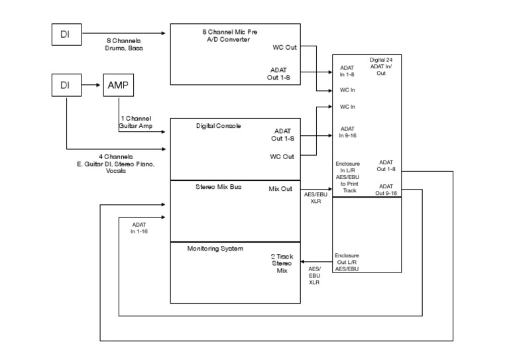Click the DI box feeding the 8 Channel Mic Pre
pos(65,34)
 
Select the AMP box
pos(118,86)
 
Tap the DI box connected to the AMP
pos(65,86)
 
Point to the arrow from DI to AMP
pos(91,86)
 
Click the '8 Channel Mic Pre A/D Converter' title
pos(230,35)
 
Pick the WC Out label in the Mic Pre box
pos(284,47)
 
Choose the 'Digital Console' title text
pos(218,125)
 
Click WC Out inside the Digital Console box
pos(282,157)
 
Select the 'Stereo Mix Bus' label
pos(218,188)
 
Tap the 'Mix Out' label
pos(280,189)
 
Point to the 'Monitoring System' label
pos(215,249)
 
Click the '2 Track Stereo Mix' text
pos(282,263)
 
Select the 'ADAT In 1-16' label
pos(139,228)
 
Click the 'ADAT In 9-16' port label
pos(349,132)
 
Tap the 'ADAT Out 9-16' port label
pos(386,190)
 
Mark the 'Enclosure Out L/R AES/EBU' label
pos(347,262)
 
